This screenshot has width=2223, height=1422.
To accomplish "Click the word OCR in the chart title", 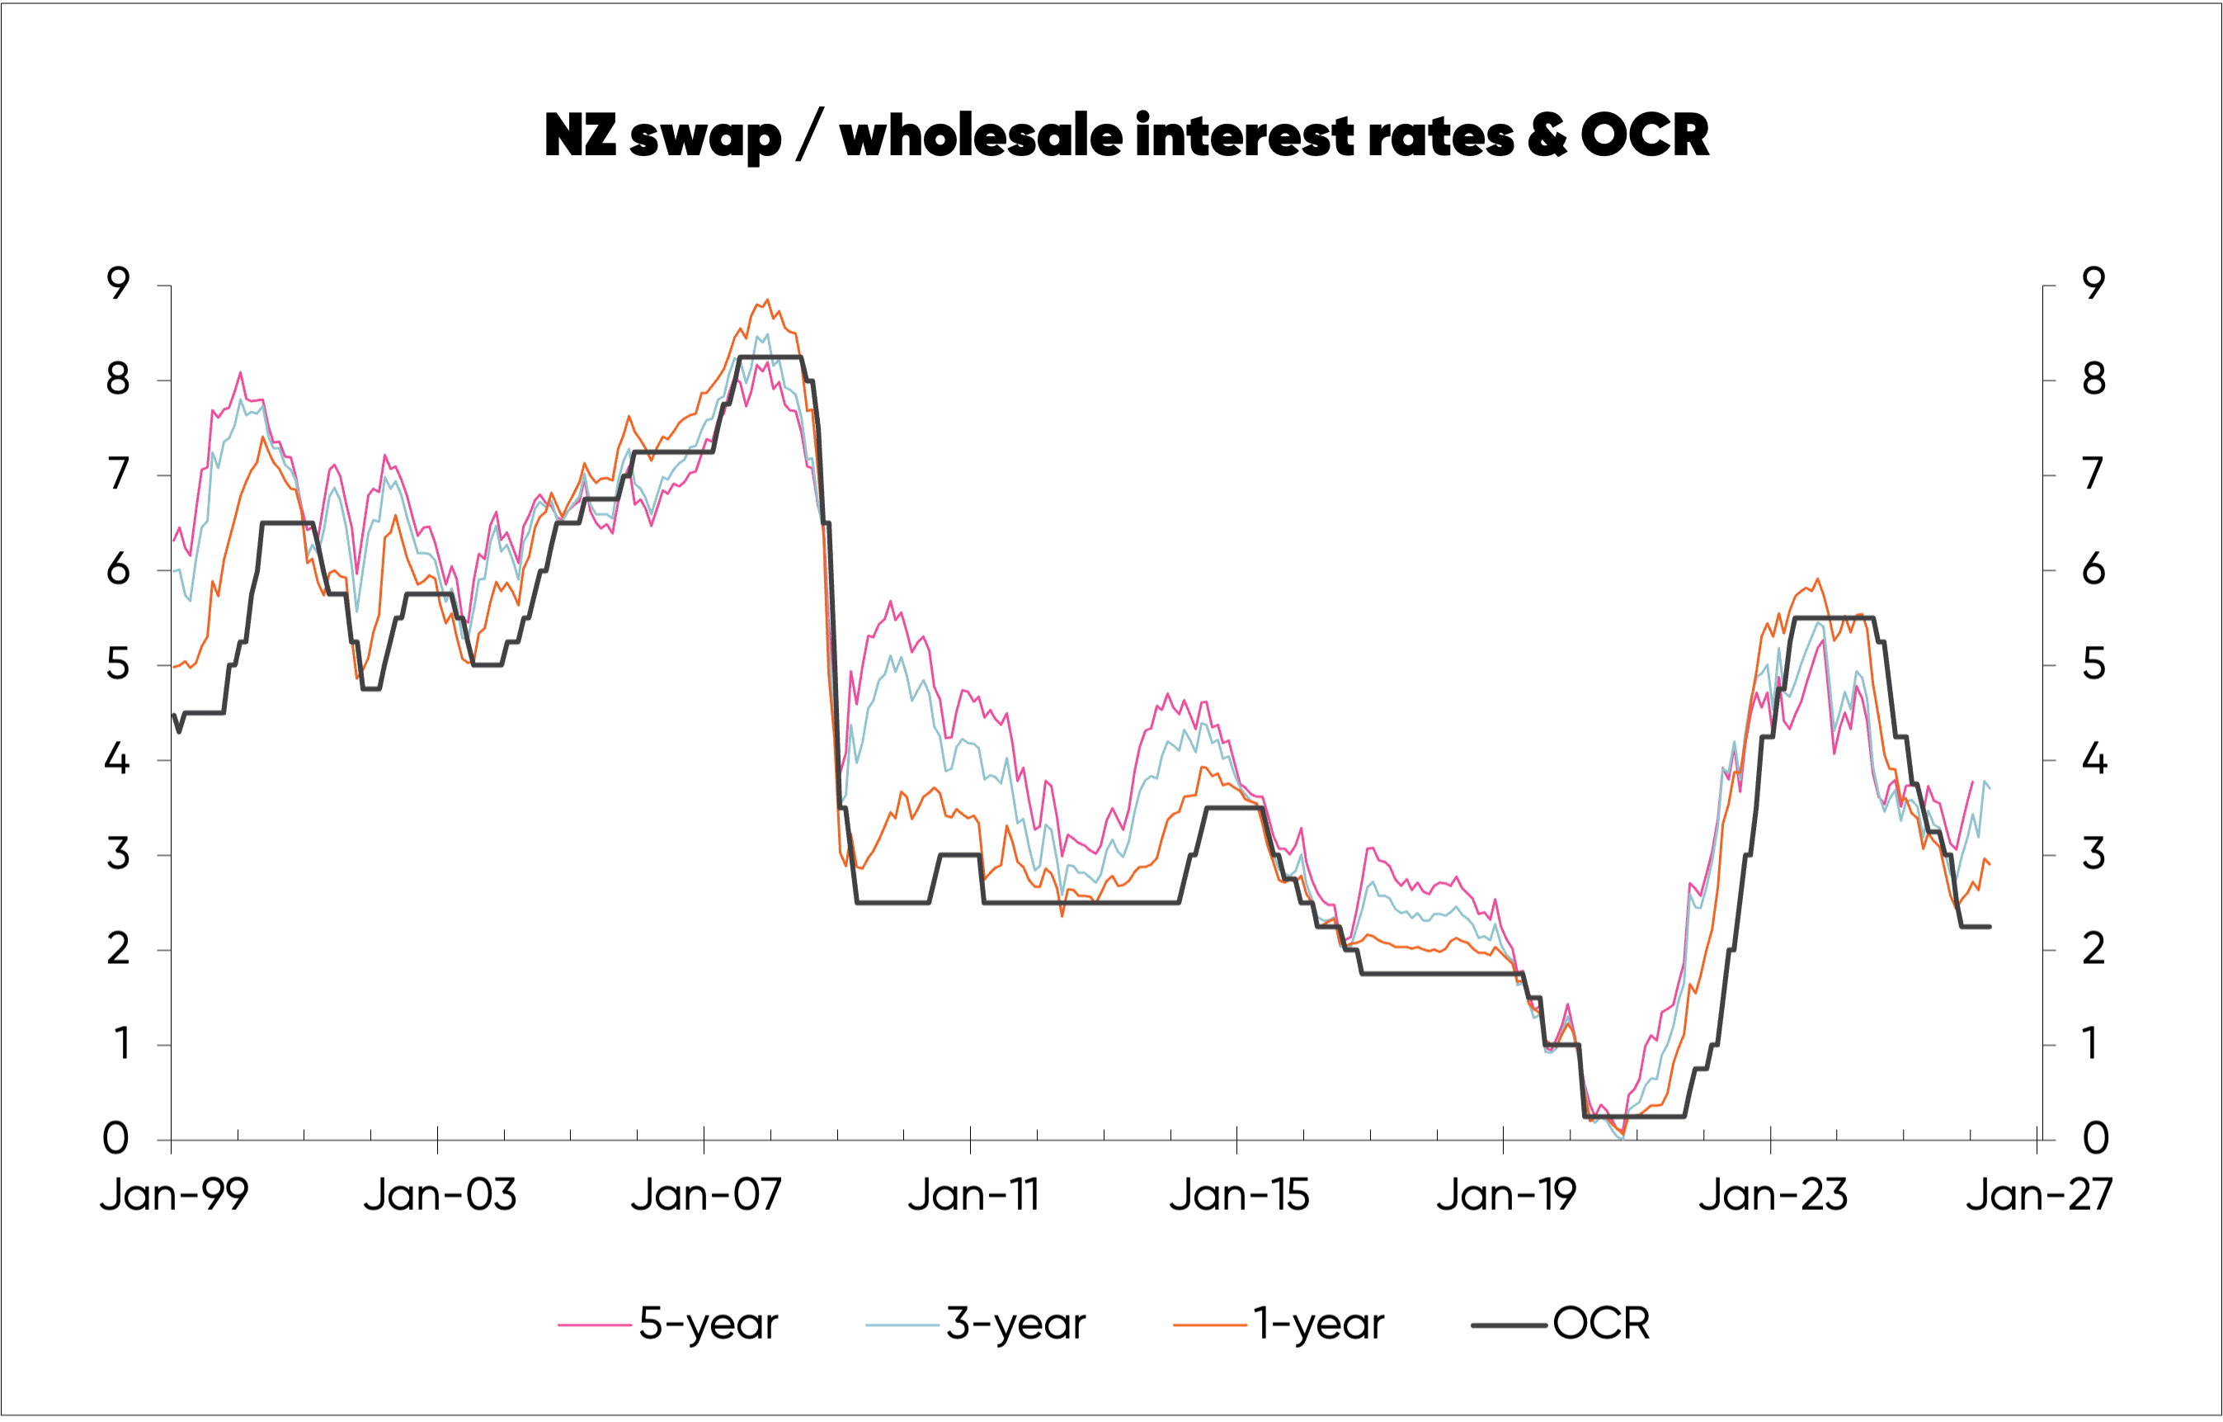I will pyautogui.click(x=1645, y=135).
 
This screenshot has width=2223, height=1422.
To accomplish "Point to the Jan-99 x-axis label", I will pyautogui.click(x=173, y=1195).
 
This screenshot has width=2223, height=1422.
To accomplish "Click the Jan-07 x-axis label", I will pyautogui.click(x=706, y=1195).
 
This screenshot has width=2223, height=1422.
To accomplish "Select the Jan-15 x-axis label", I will pyautogui.click(x=1239, y=1195).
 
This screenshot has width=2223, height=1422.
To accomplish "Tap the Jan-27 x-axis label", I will pyautogui.click(x=2038, y=1195).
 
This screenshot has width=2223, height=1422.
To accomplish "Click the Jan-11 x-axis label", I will pyautogui.click(x=973, y=1195).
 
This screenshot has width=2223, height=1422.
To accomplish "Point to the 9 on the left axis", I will pyautogui.click(x=118, y=285).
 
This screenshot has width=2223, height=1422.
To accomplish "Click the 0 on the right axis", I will pyautogui.click(x=2096, y=1139).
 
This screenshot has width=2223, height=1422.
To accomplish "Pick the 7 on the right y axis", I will pyautogui.click(x=2093, y=475).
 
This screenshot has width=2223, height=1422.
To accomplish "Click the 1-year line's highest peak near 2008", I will pyautogui.click(x=767, y=300).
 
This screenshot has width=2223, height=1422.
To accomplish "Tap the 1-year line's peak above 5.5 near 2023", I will pyautogui.click(x=1818, y=579).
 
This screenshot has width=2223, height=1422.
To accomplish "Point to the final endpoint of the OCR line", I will pyautogui.click(x=1990, y=926).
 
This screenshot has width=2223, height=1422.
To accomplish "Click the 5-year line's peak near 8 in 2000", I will pyautogui.click(x=241, y=373).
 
